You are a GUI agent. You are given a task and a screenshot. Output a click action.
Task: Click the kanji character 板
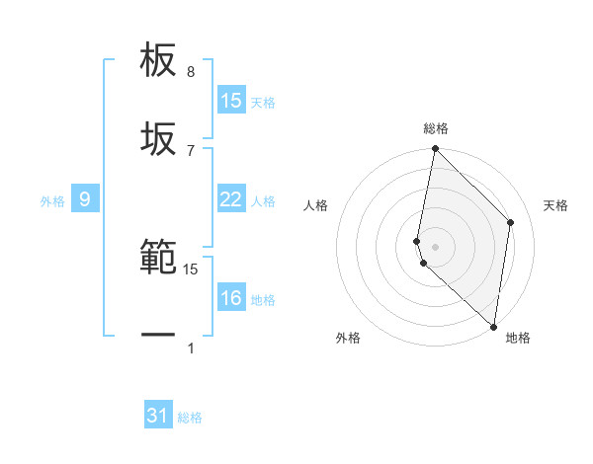coord(159,60)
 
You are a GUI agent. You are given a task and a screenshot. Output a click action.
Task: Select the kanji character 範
coord(159,258)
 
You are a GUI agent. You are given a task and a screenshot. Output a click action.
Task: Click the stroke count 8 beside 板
coord(191,72)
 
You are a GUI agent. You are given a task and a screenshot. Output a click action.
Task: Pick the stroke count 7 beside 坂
coord(191,150)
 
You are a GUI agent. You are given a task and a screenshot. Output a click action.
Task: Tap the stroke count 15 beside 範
coord(191,269)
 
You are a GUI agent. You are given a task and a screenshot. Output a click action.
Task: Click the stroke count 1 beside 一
coord(191,348)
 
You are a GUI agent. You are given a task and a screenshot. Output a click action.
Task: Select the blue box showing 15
coord(231,101)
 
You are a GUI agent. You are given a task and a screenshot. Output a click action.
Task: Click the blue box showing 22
coord(231,199)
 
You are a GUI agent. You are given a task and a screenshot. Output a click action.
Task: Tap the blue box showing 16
coord(231,298)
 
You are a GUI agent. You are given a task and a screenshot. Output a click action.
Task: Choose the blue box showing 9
coord(85,200)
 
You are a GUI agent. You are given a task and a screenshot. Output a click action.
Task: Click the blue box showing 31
coord(158,416)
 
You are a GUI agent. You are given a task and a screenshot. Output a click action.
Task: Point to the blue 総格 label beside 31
coord(190,418)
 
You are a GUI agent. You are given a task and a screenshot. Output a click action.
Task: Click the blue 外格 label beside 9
coord(52,201)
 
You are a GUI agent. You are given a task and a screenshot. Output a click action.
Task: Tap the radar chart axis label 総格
coord(436,128)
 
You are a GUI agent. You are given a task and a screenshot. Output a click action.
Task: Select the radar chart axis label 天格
coord(556,205)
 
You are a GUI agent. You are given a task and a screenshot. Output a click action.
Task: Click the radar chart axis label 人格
coord(316,205)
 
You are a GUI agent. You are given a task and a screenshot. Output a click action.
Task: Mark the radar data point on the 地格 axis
coord(494,326)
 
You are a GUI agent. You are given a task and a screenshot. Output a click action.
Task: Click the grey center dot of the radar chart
coord(436,246)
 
